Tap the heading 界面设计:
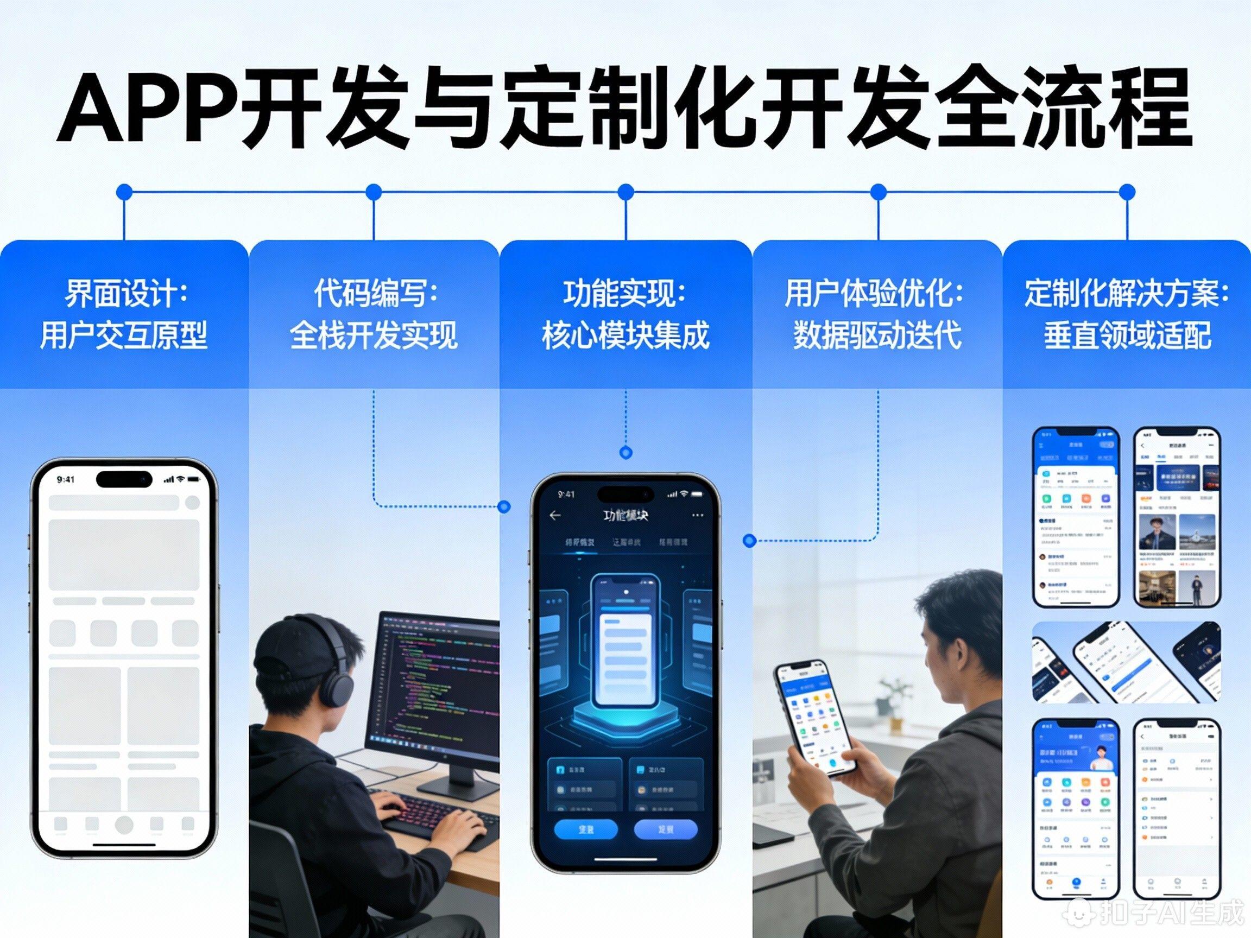125,294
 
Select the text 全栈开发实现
374,335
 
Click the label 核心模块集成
625,335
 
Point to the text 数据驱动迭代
877,335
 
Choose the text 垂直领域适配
1127,335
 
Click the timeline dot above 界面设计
124,192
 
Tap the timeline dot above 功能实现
625,192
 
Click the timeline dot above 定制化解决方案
1127,192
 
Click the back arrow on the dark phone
555,515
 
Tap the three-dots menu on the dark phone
698,515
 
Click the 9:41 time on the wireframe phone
66,479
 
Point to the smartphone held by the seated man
814,718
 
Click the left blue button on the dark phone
586,829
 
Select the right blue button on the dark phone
666,829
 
